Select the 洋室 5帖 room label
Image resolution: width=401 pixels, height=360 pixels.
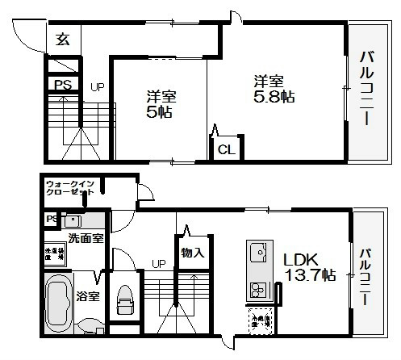click(161, 105)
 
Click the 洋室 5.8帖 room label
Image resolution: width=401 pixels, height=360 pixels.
click(269, 89)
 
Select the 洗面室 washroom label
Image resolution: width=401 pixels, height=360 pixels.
click(84, 238)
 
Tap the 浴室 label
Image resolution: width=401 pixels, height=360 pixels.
click(89, 295)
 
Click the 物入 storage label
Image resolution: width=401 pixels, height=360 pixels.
click(192, 253)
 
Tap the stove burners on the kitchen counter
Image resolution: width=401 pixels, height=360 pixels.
click(260, 290)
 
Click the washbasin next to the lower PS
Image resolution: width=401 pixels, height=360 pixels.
click(73, 220)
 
